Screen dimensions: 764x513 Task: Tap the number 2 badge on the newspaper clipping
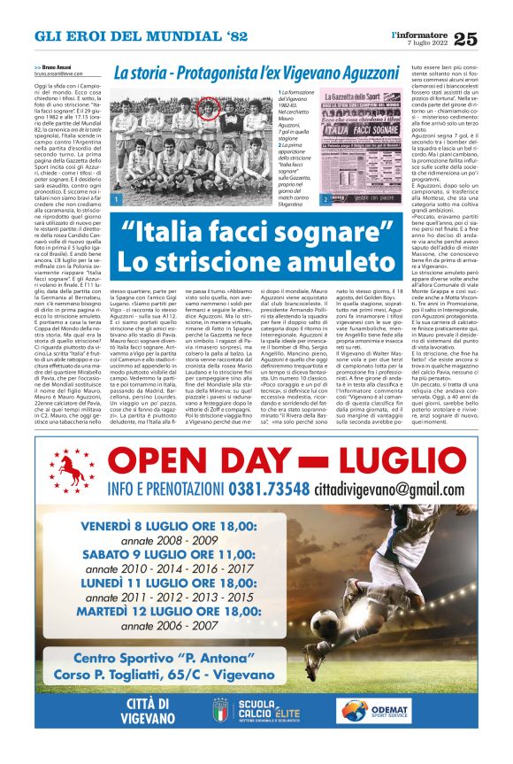(x=326, y=200)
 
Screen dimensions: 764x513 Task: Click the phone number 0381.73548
(x=269, y=489)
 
